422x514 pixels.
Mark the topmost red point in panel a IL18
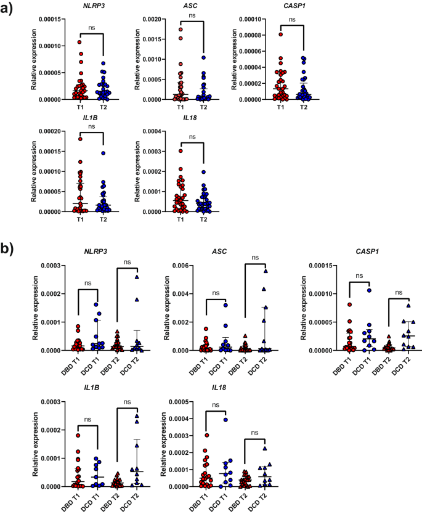(x=181, y=151)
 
